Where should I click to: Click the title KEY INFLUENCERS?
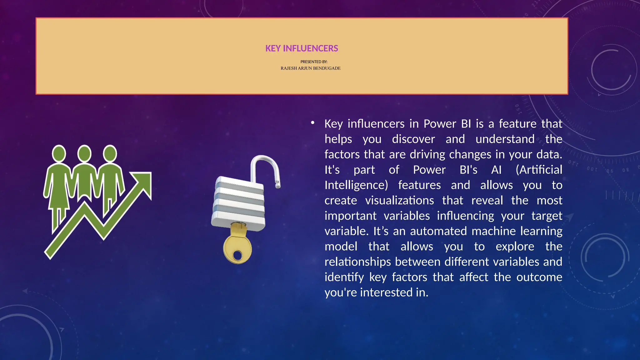[302, 48]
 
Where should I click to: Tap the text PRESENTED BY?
[314, 62]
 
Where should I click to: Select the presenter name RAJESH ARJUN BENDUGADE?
[310, 68]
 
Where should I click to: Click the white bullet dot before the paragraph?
[312, 123]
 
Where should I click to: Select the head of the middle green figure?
[84, 153]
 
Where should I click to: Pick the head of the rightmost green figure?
[110, 153]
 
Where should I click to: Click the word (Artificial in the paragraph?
[539, 170]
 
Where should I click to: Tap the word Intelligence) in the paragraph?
[356, 185]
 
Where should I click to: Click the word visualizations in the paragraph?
[399, 200]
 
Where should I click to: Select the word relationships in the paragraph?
[357, 262]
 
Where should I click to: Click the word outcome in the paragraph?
[539, 277]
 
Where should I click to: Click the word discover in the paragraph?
[413, 139]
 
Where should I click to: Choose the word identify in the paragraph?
[344, 277]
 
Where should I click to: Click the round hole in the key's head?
[237, 255]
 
